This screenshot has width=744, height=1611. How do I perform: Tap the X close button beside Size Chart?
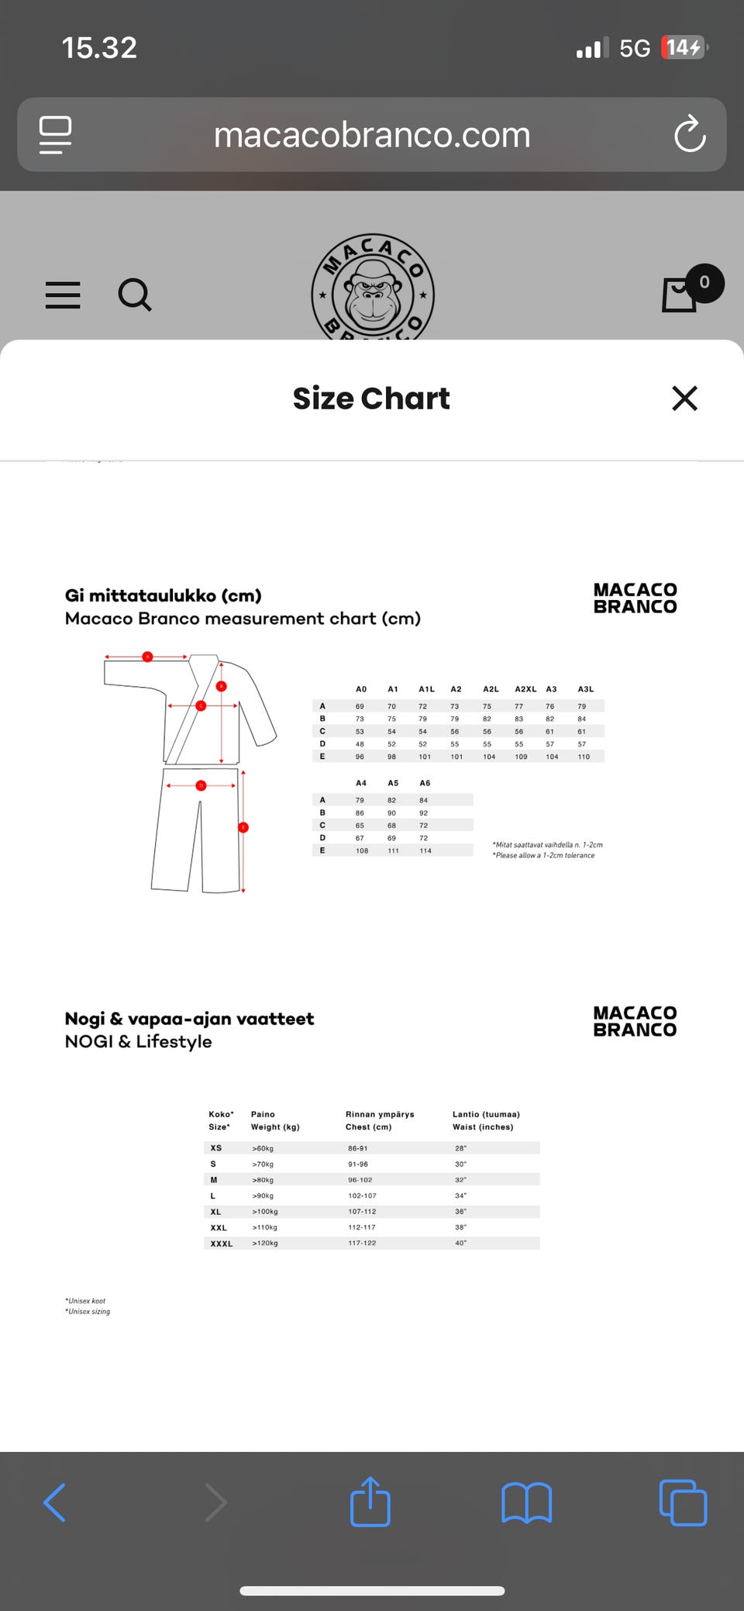(684, 398)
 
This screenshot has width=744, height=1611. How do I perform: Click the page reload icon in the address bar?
(689, 134)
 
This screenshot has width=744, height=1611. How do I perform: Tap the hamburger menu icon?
(63, 295)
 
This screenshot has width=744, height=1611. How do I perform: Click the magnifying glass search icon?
(135, 295)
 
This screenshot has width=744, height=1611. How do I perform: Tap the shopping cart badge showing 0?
(704, 283)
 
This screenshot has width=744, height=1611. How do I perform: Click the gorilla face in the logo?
(373, 292)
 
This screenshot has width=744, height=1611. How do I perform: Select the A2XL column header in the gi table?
(525, 689)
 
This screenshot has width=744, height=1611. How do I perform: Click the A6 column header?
(425, 783)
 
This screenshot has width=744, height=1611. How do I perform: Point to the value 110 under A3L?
(584, 757)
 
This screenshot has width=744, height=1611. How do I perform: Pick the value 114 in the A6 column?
(425, 850)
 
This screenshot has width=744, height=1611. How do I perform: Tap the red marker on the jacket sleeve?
(147, 657)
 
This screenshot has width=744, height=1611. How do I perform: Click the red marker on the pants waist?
(201, 785)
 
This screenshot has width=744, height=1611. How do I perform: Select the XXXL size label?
(222, 1244)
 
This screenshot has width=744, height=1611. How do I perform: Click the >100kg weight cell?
(265, 1212)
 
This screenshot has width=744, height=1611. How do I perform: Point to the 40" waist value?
(461, 1244)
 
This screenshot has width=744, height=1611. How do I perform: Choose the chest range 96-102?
(360, 1180)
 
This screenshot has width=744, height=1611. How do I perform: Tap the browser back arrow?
(55, 1503)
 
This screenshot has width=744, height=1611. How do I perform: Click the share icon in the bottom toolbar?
(370, 1502)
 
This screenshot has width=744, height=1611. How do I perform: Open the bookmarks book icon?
(526, 1503)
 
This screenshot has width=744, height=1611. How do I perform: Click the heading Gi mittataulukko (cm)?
(164, 595)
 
